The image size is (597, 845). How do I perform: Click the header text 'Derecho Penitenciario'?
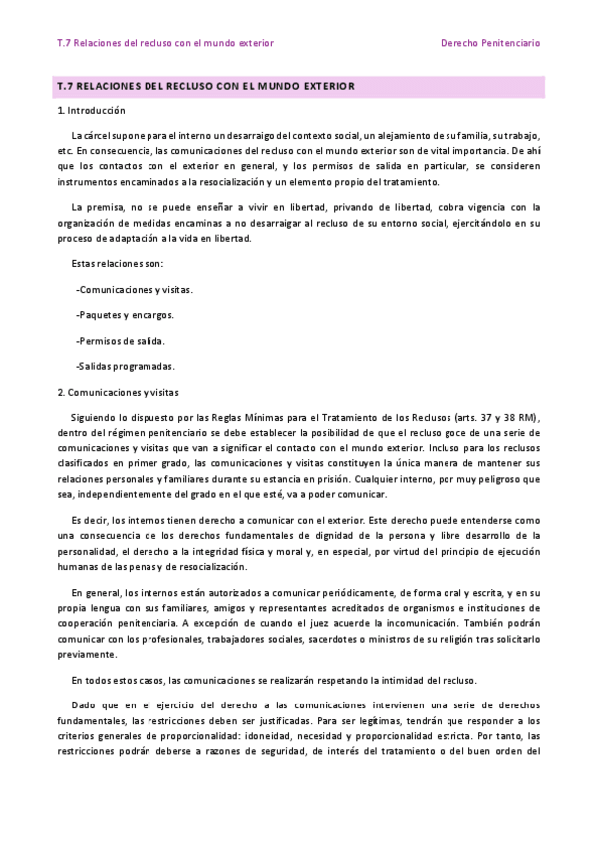coord(490,43)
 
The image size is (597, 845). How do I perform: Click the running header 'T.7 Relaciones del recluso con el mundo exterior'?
coord(165,43)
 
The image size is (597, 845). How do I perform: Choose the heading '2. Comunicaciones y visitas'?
coord(119,392)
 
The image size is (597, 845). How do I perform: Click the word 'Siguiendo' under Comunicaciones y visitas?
coord(95,417)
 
